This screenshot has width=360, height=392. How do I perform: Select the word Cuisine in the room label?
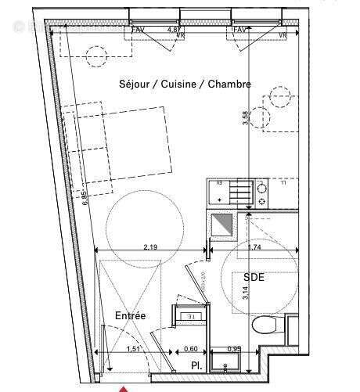(x=179, y=84)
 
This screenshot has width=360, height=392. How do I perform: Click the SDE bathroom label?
(x=254, y=278)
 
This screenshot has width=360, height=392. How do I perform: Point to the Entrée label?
(x=130, y=315)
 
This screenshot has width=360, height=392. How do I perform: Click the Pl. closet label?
(x=196, y=365)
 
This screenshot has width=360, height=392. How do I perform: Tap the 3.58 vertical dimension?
(x=244, y=118)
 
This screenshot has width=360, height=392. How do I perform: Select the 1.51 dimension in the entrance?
(x=134, y=349)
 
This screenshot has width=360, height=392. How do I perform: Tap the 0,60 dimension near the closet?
(x=190, y=349)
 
